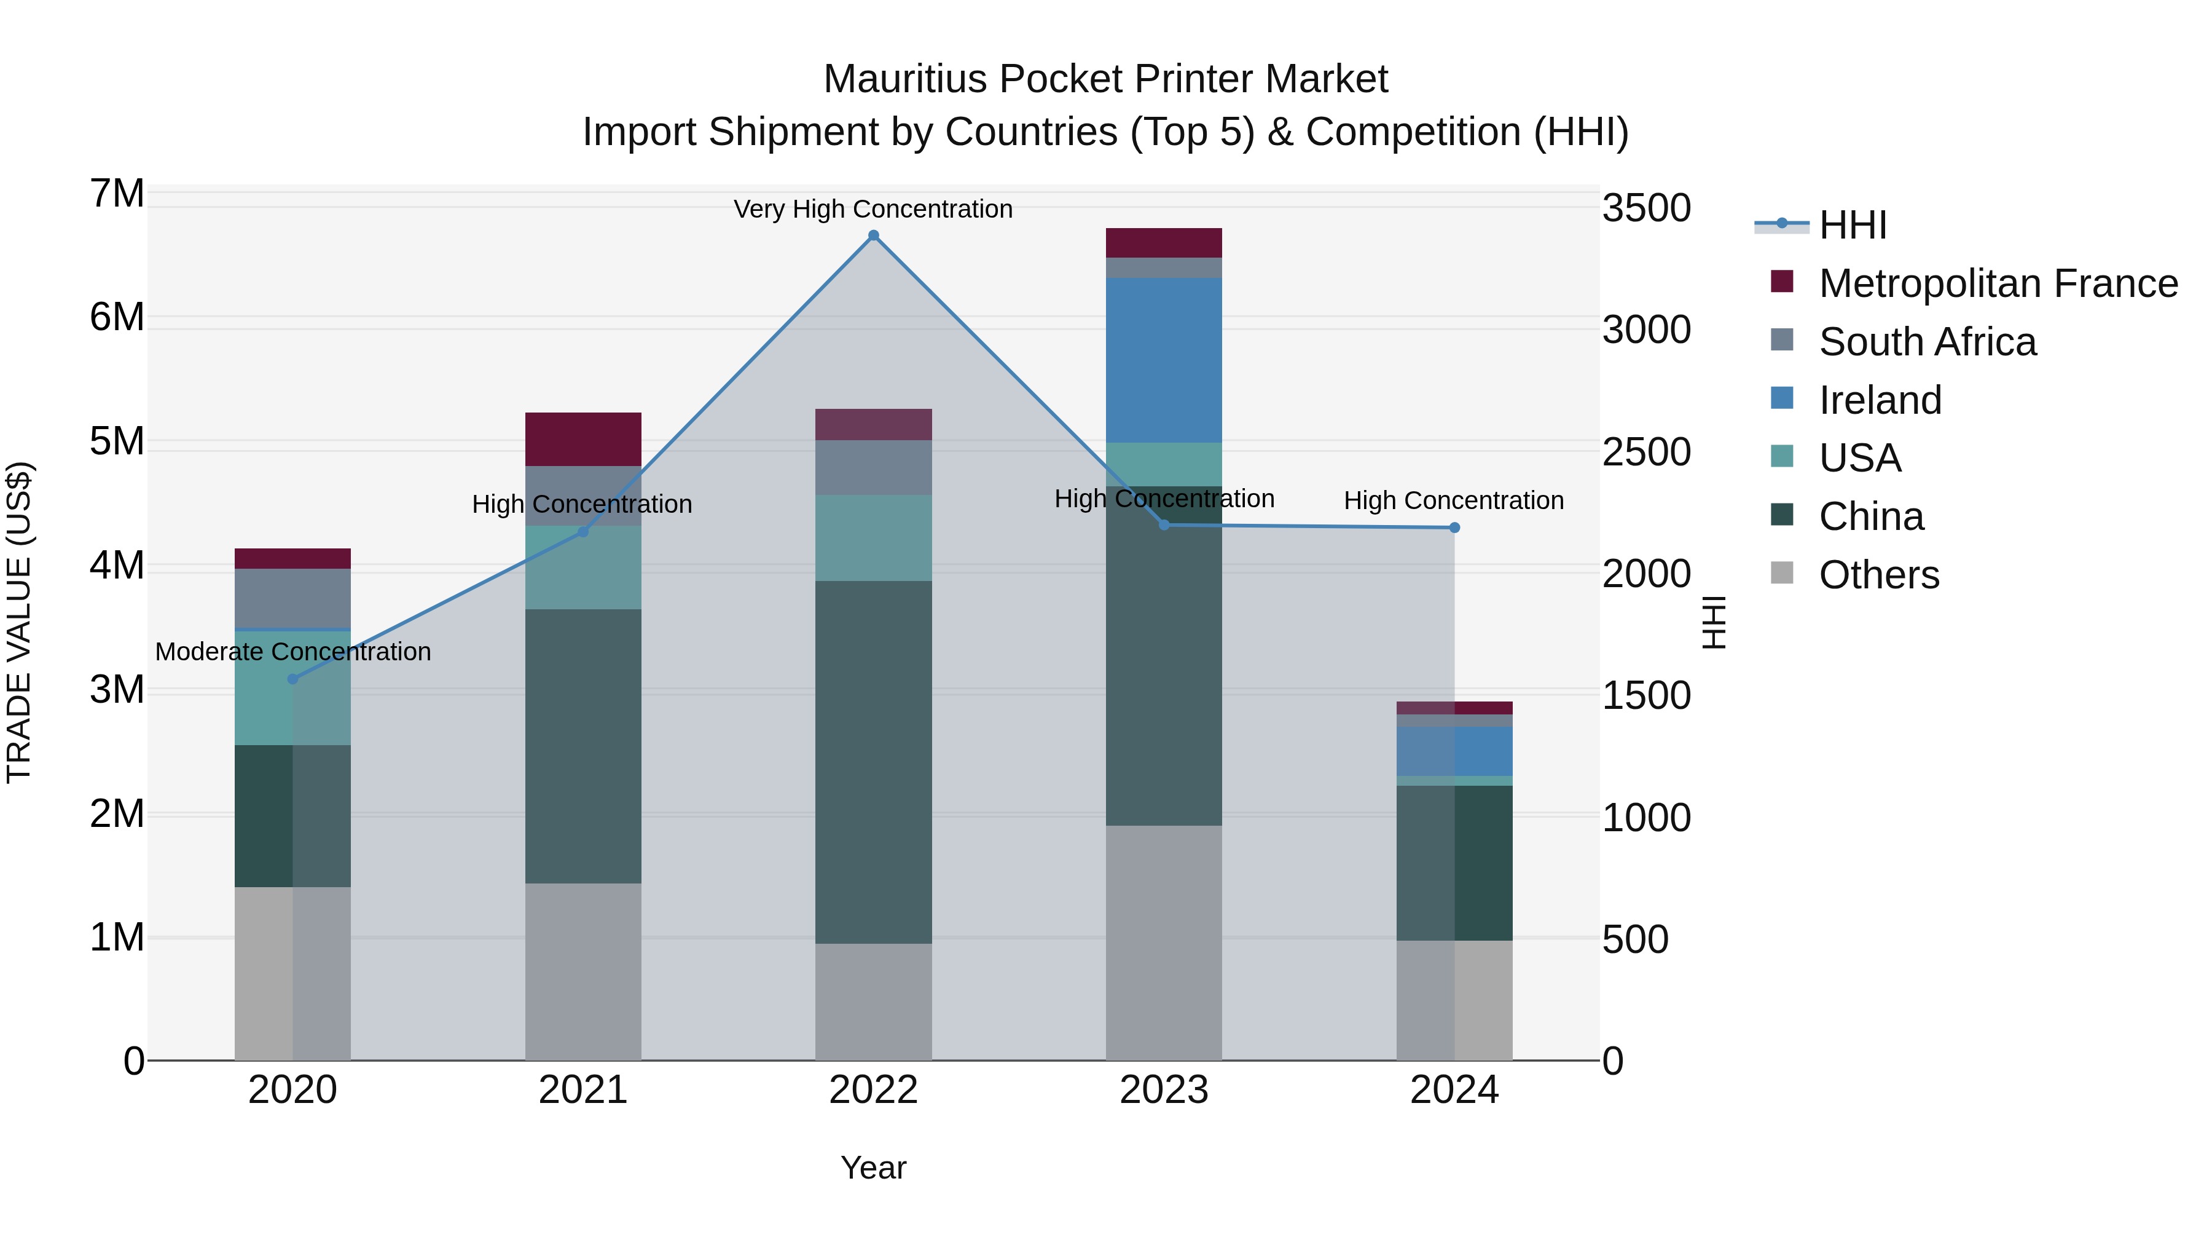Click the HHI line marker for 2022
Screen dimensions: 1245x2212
(873, 235)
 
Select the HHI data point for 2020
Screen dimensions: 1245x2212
(293, 679)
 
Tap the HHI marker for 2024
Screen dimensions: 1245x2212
(1454, 528)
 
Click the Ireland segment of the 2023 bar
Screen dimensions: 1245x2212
(1164, 360)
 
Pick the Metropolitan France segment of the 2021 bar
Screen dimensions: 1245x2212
(583, 439)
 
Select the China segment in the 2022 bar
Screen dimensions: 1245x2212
(873, 762)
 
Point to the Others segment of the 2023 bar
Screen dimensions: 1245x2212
(1164, 943)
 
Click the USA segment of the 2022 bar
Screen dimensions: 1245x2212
(873, 538)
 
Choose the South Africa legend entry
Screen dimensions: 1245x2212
(1927, 342)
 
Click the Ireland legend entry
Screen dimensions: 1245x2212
(1880, 400)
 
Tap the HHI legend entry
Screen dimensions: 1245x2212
(1852, 225)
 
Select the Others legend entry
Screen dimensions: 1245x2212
(1878, 575)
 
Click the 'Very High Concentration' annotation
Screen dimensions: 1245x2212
(873, 210)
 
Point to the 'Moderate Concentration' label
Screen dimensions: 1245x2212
(293, 652)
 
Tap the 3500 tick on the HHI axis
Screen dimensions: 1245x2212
(1646, 208)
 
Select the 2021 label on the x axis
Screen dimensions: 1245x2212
(583, 1090)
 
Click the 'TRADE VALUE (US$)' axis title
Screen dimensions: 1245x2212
(20, 622)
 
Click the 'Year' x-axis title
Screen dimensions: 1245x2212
(873, 1168)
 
